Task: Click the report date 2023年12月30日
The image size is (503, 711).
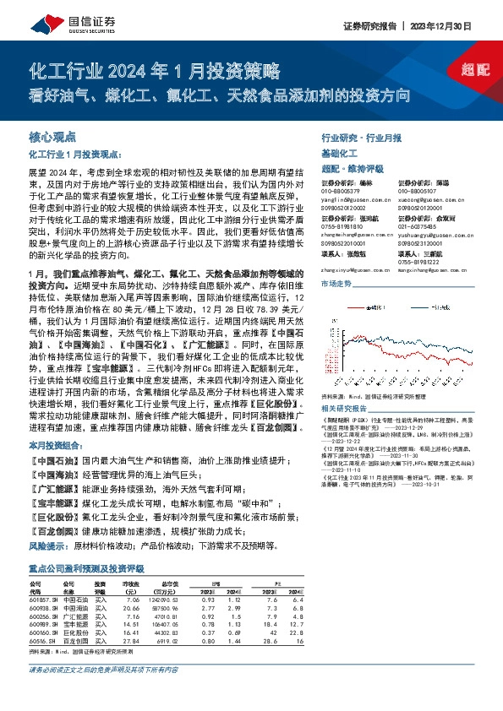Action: click(446, 26)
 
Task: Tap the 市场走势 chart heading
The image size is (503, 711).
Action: click(336, 284)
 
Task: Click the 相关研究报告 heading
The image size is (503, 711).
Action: click(347, 408)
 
